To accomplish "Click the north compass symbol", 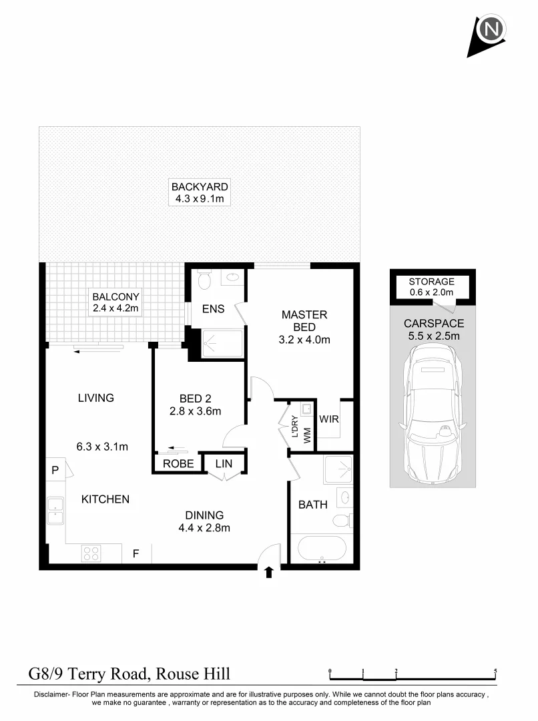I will click(x=491, y=30).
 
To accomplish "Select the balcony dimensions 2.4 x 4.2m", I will click(x=117, y=308).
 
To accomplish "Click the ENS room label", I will click(x=213, y=309).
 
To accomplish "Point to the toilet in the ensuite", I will click(x=204, y=280).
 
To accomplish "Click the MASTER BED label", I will click(x=304, y=320).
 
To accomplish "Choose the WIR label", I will click(x=329, y=419).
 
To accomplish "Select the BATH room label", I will click(x=313, y=505).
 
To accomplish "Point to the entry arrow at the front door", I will click(x=269, y=572).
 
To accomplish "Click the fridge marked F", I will click(x=136, y=553).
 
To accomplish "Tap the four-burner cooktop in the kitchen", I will click(x=91, y=553).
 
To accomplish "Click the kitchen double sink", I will click(x=55, y=511).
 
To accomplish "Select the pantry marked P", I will click(x=55, y=471).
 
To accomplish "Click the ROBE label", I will click(x=178, y=463).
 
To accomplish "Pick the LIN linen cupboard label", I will click(x=223, y=463).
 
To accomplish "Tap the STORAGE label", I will click(x=432, y=282).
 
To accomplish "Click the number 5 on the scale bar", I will click(x=495, y=670).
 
